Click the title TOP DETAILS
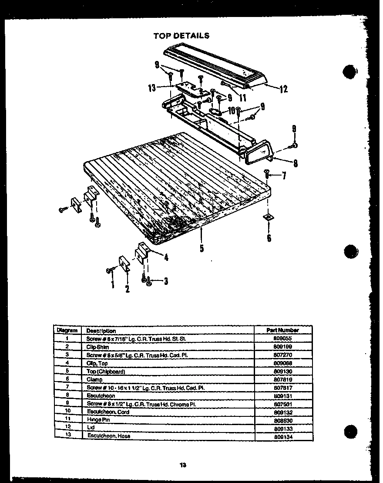[x=181, y=35]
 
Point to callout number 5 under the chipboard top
[x=202, y=249]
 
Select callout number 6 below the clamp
[x=269, y=238]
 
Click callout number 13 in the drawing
[x=152, y=88]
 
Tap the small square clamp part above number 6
[x=269, y=216]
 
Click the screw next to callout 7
[x=267, y=174]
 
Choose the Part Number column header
[x=282, y=330]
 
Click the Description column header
[x=101, y=331]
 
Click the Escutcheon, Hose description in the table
[x=108, y=436]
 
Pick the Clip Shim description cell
[x=97, y=347]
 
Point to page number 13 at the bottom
[x=183, y=465]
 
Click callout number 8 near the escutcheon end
[x=295, y=164]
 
